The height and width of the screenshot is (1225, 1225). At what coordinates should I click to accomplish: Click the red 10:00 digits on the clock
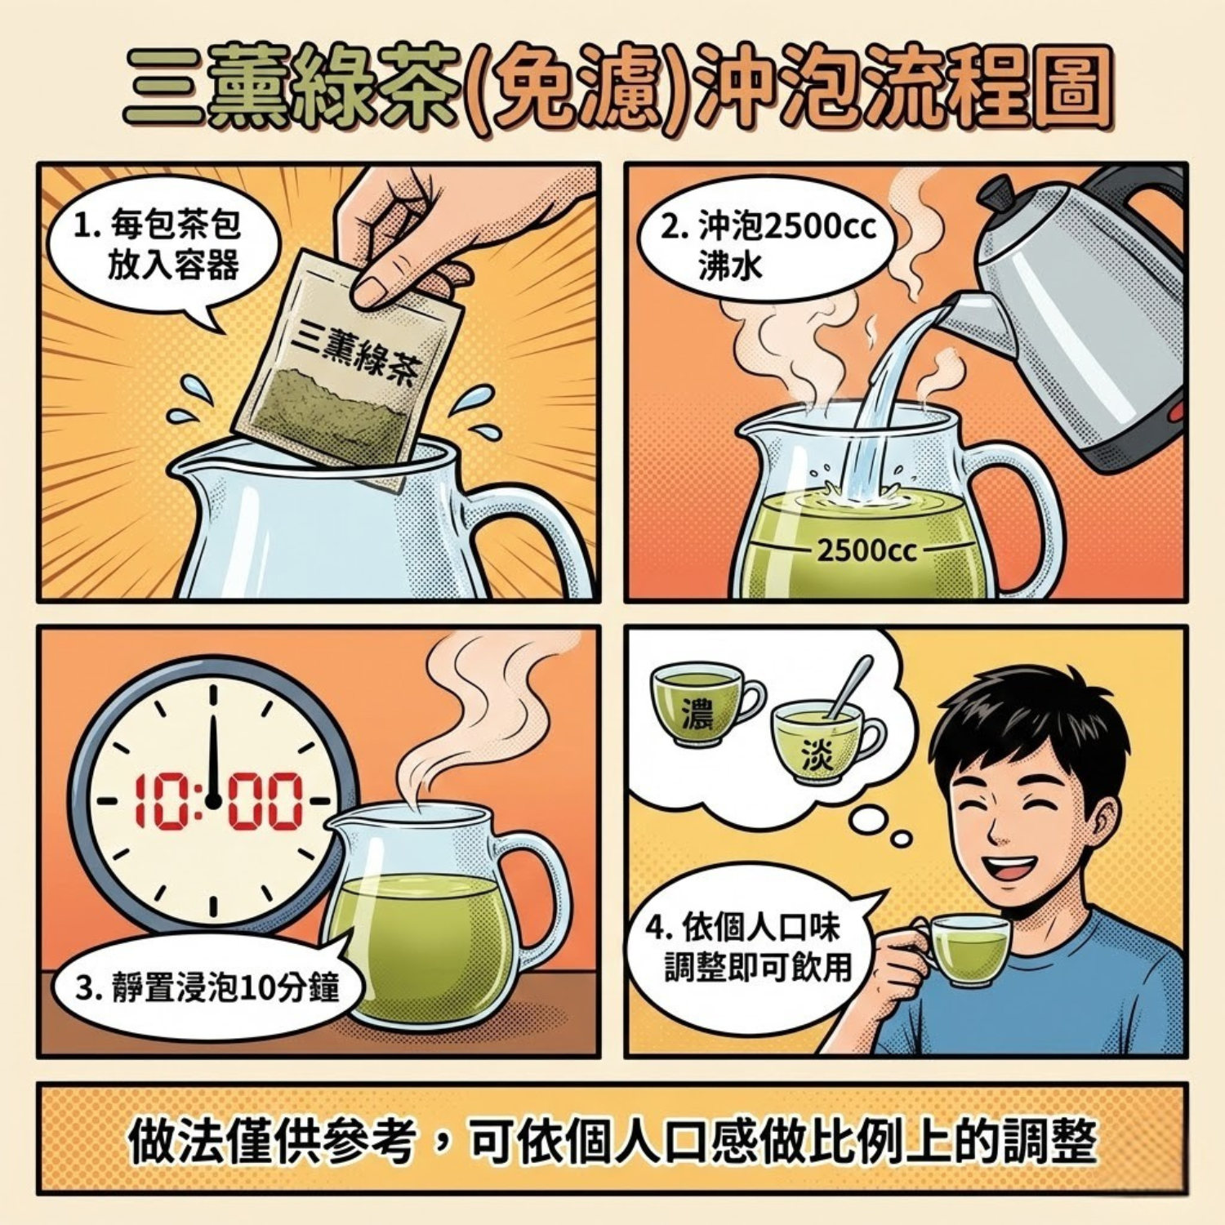click(216, 801)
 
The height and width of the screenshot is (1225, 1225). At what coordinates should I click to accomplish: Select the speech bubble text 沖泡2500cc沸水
click(768, 245)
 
